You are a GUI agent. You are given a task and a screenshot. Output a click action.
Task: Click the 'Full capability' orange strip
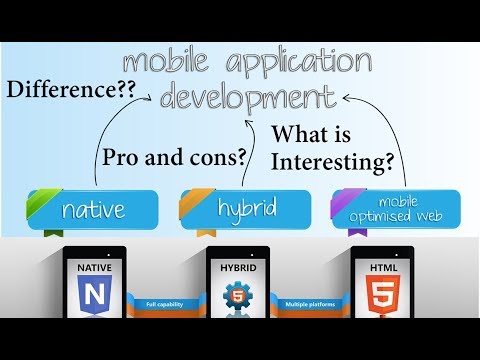165,302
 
